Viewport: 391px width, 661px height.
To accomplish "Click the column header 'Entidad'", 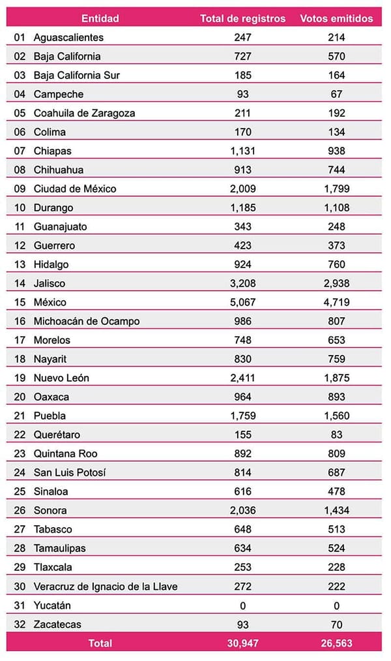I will pos(100,18).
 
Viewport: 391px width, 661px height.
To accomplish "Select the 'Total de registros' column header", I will pos(242,18).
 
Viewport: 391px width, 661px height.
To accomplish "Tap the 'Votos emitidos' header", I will pos(337,18).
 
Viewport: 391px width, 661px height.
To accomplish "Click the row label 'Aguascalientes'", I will pos(68,37).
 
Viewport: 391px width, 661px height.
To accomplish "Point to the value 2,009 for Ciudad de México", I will pos(242,189).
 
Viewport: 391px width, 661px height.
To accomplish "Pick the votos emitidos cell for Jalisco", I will pos(337,283).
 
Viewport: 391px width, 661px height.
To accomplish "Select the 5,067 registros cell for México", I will pos(242,302).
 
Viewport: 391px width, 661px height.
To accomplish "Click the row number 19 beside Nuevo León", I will pos(19,378).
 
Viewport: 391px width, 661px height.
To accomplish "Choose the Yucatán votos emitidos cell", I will pos(337,605).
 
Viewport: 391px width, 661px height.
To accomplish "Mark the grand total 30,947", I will pos(242,643).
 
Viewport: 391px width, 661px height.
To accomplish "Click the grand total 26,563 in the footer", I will pos(337,643).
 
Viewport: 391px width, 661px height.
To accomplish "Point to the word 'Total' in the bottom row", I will pos(100,643).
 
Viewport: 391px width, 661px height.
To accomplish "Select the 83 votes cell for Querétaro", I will pos(337,435).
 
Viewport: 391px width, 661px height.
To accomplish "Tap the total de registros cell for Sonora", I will pos(242,510).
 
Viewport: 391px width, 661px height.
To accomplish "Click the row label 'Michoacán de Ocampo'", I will pos(87,321).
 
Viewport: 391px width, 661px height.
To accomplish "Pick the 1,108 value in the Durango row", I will pos(337,208).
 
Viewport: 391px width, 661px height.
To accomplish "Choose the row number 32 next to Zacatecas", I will pos(19,624).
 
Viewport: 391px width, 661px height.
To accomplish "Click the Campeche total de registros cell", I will pos(242,94).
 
